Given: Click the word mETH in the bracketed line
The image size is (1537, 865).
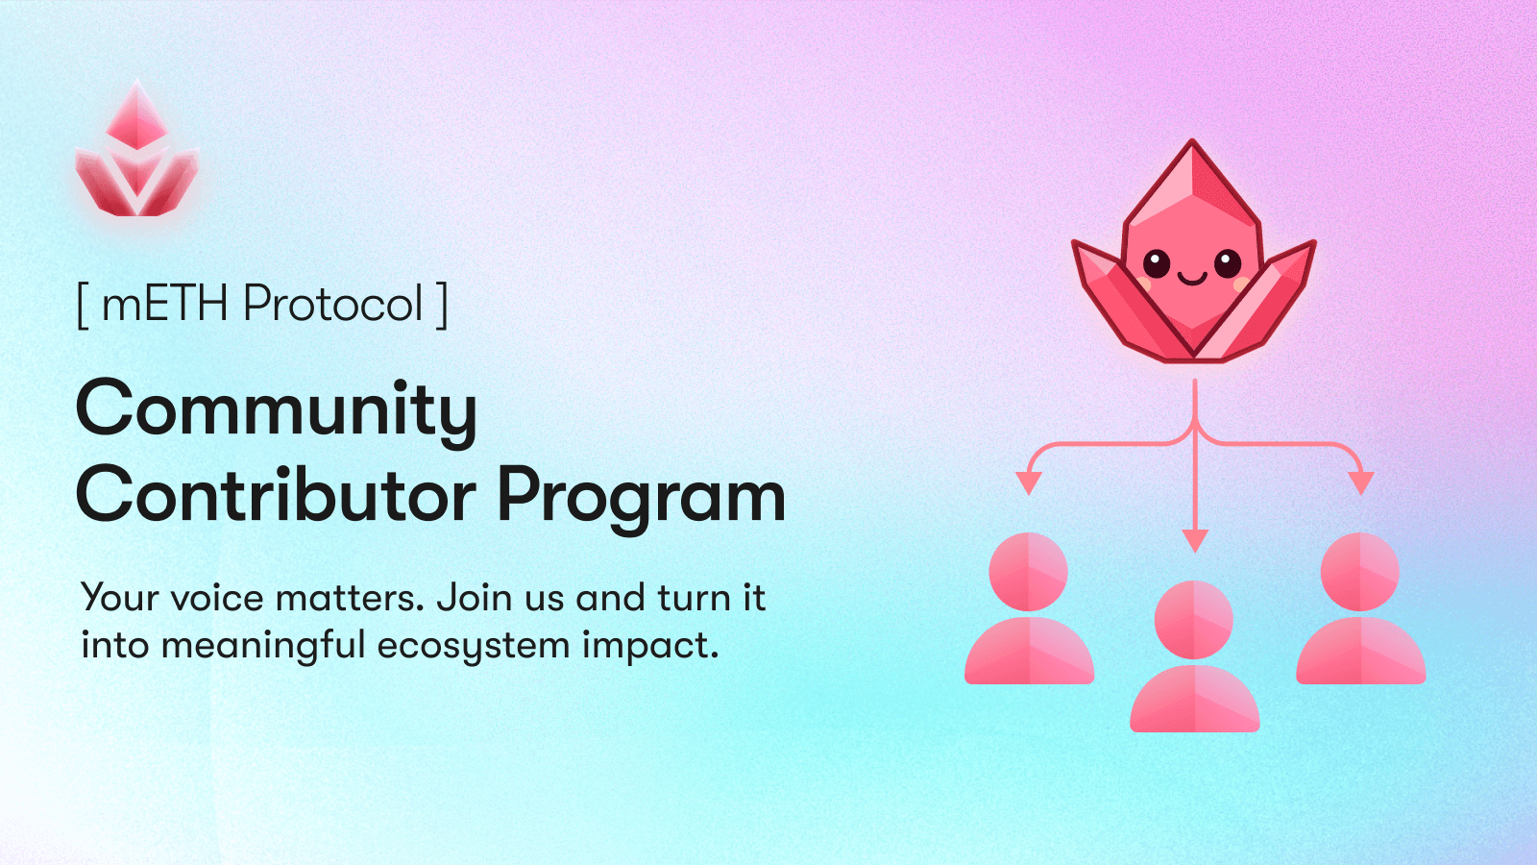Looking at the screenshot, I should coord(164,304).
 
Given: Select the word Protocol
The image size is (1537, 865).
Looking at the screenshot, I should coord(332,304).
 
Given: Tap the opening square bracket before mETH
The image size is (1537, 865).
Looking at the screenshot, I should coord(83,305).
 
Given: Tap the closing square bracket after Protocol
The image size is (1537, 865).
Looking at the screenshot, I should coord(442,305).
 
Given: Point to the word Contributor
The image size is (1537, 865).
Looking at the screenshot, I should coord(276,496).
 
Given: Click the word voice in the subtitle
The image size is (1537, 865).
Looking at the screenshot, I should coord(217,598).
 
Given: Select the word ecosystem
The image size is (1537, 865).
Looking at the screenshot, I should coord(474,646).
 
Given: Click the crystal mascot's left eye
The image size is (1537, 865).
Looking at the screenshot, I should coord(1157,262).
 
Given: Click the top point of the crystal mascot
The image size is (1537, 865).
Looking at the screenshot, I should coord(1193,144).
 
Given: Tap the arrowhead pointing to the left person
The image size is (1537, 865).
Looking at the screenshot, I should coord(1029,482).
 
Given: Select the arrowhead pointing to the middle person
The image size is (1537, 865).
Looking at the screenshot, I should coord(1195,540).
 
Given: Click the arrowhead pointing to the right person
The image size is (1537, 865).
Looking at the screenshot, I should coord(1360,482).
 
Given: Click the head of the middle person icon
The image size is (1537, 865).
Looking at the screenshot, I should coord(1194,620).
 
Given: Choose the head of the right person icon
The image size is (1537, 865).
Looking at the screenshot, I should coord(1360,572).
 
